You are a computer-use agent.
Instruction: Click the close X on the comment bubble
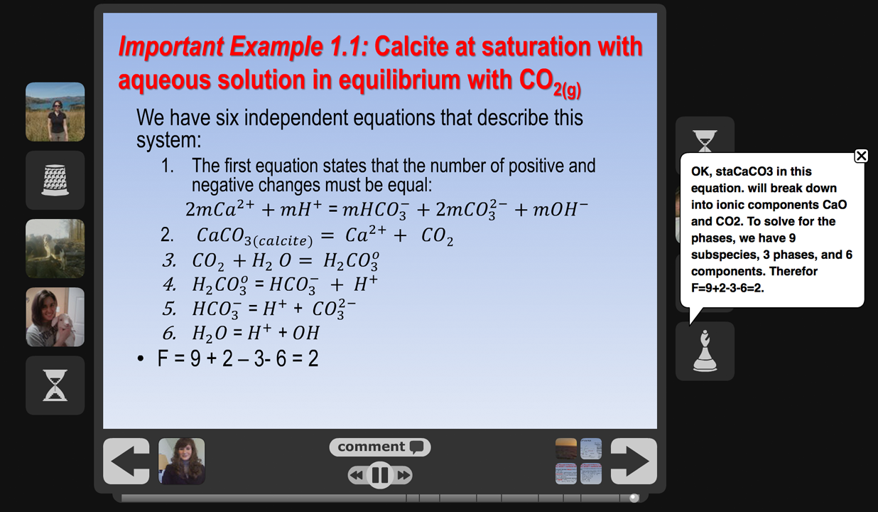click(x=861, y=156)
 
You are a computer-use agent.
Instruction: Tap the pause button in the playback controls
click(x=379, y=475)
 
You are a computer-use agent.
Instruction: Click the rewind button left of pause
click(x=357, y=476)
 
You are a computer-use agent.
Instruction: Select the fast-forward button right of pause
click(x=403, y=476)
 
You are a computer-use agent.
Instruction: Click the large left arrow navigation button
click(x=126, y=461)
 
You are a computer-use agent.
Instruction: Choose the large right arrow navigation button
click(x=634, y=461)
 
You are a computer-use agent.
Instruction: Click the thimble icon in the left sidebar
click(x=55, y=180)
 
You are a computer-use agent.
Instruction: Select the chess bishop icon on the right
click(x=705, y=351)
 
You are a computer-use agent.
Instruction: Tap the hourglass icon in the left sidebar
click(x=55, y=385)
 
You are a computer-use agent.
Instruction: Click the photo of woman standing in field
click(x=55, y=112)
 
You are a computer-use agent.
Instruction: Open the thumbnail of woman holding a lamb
click(x=55, y=317)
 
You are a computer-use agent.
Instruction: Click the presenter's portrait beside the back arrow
click(x=181, y=461)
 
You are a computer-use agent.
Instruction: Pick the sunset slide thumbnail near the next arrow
click(x=566, y=449)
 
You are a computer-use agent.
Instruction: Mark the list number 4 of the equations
click(x=169, y=284)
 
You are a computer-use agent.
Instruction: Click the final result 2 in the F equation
click(x=313, y=358)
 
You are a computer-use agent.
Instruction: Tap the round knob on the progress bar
click(x=634, y=498)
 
